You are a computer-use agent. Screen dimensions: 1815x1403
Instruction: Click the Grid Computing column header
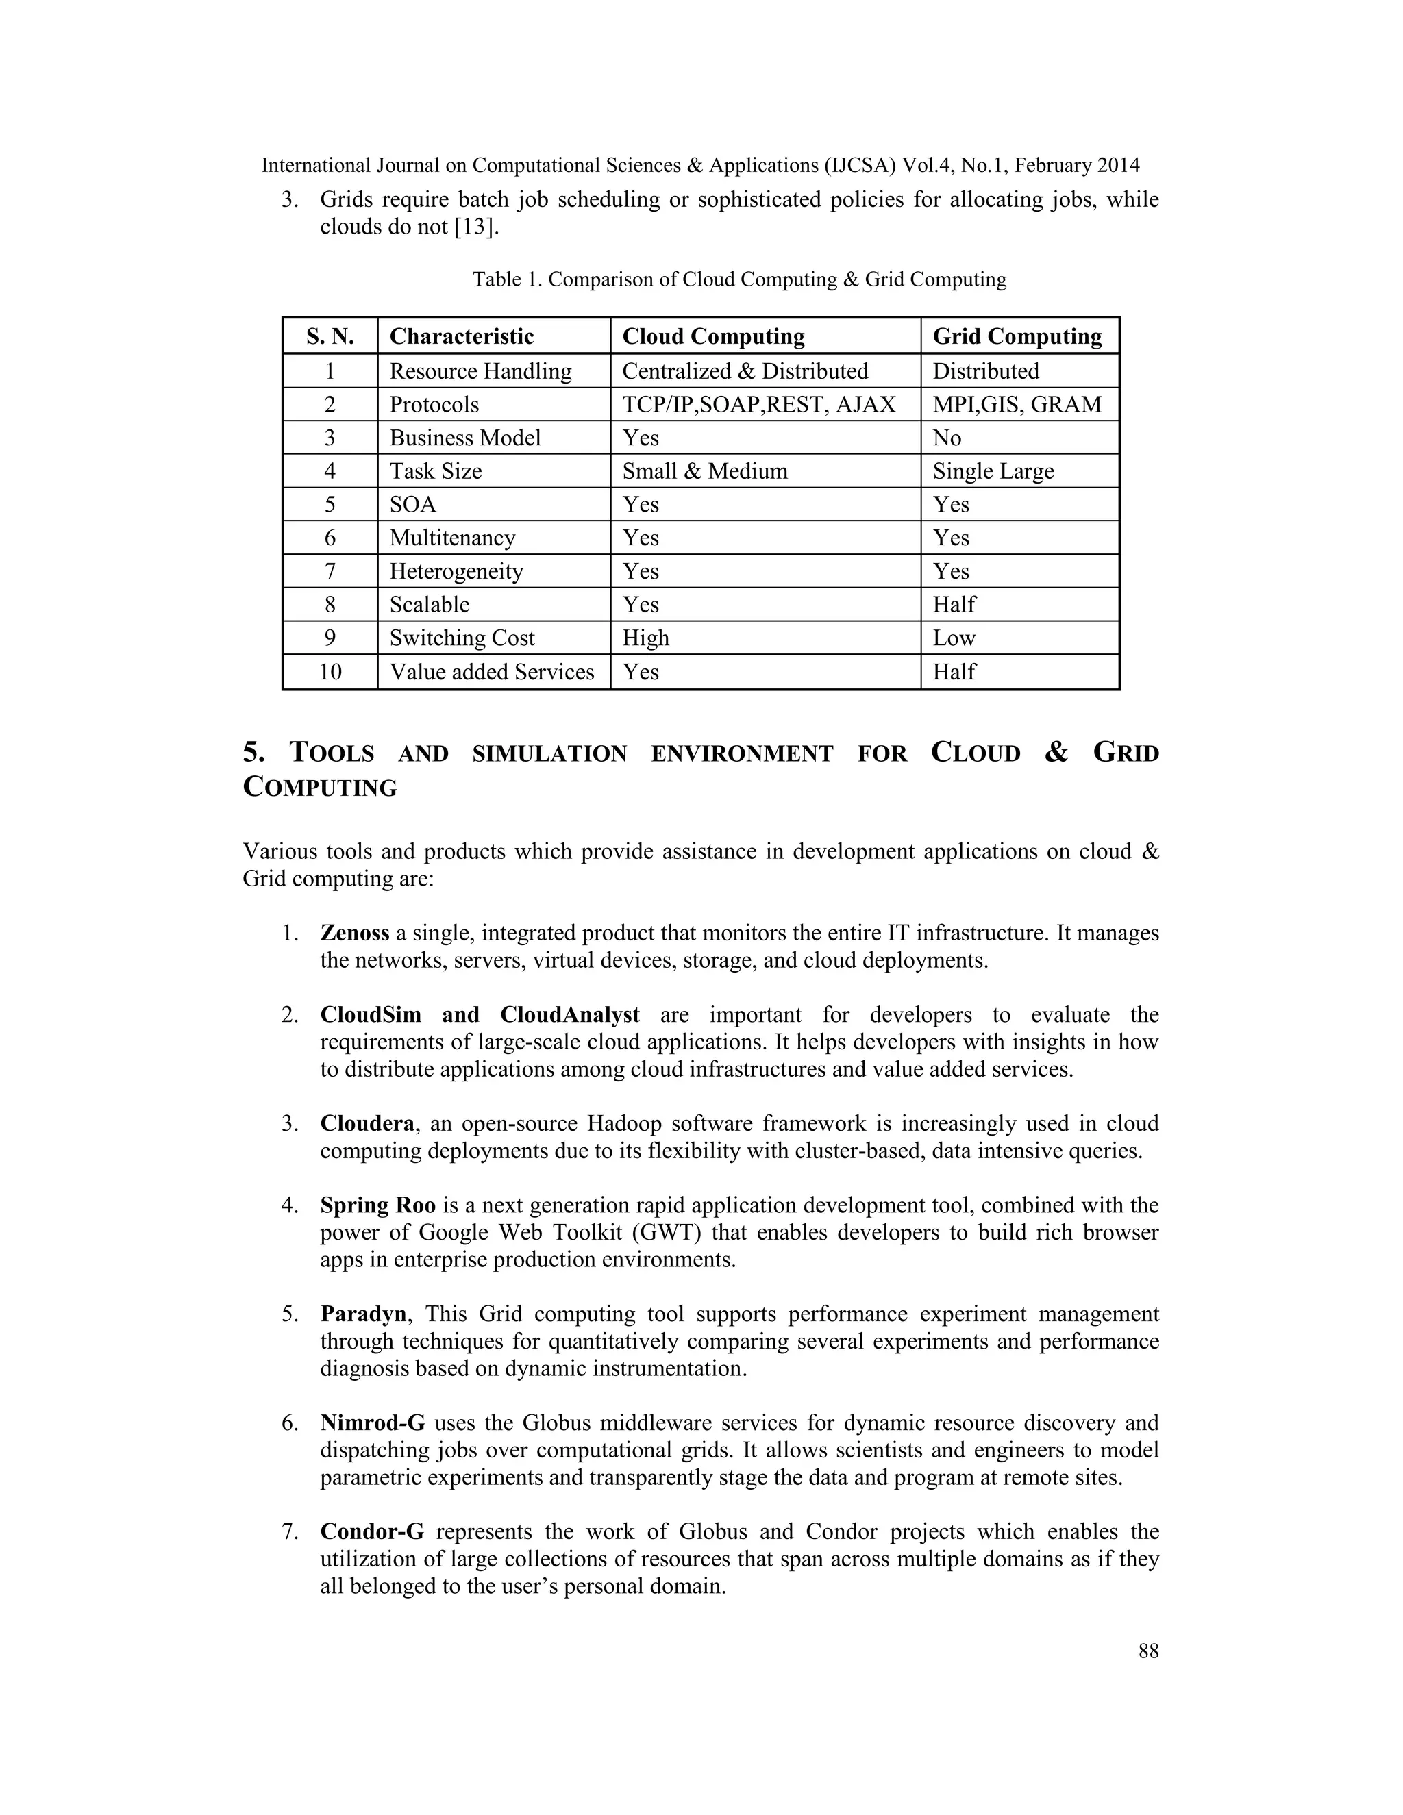tap(1017, 336)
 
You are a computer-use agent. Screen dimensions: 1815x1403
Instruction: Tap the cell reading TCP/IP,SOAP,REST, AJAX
tap(758, 405)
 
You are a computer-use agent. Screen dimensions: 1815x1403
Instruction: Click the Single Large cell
tap(993, 471)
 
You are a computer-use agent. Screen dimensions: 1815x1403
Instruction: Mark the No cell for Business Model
tap(946, 438)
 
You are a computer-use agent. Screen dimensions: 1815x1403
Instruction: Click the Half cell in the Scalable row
tap(954, 605)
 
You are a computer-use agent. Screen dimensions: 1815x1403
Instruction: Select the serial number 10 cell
tap(330, 671)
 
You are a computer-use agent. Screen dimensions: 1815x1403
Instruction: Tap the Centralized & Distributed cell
tap(745, 371)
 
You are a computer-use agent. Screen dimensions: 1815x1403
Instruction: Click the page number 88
tap(1148, 1651)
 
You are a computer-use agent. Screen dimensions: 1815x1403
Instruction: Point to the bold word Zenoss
tap(354, 934)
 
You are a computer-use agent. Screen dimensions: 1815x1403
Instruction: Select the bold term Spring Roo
tap(377, 1206)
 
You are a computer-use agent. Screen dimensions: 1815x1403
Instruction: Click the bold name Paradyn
tap(363, 1315)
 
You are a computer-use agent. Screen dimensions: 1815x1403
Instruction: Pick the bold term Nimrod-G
tap(373, 1424)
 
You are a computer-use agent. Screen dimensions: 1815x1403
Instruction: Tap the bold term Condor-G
tap(371, 1532)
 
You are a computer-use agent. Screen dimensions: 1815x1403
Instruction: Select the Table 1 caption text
tap(739, 279)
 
